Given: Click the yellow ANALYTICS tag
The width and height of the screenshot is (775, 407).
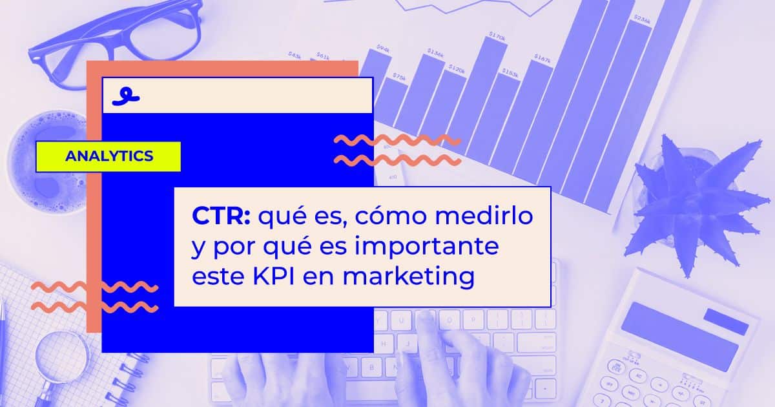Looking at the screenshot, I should (x=108, y=156).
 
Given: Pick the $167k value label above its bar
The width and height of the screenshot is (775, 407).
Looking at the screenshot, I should (x=542, y=60).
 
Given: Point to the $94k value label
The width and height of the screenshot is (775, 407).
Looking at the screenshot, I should (x=382, y=49).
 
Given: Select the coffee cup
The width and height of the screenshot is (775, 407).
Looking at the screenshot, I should (x=48, y=162).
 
